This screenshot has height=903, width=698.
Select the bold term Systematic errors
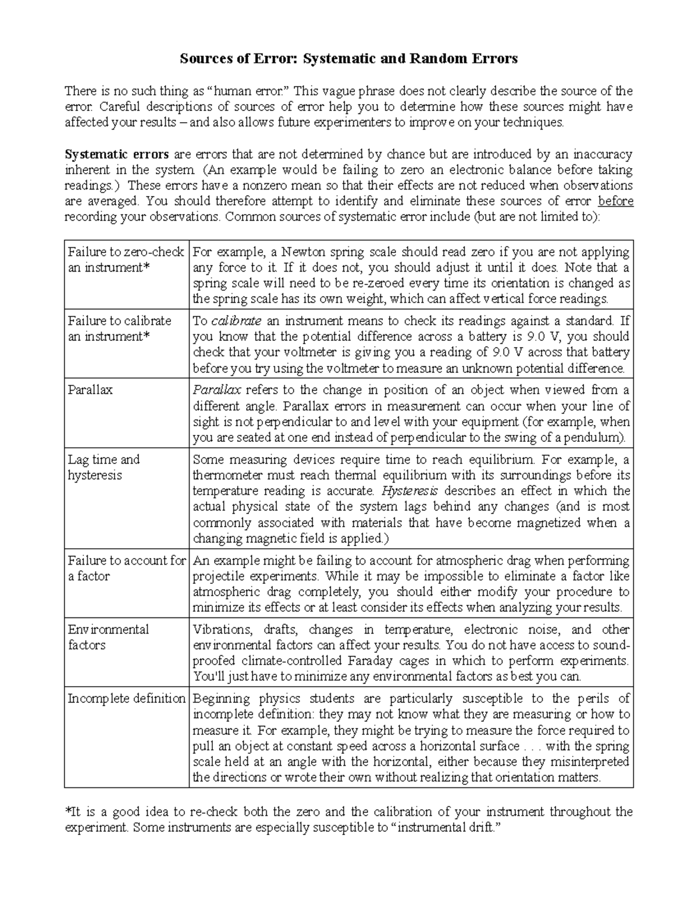117,155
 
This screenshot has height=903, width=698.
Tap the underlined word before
615,202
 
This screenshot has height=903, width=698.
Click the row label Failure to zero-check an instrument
126,260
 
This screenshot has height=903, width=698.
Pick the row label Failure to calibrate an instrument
120,329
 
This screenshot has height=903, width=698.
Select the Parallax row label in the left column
90,390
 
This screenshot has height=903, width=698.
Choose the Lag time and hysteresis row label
104,467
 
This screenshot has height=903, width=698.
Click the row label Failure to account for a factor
126,568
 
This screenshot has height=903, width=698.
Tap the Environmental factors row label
108,637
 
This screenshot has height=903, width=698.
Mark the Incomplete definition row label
126,699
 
